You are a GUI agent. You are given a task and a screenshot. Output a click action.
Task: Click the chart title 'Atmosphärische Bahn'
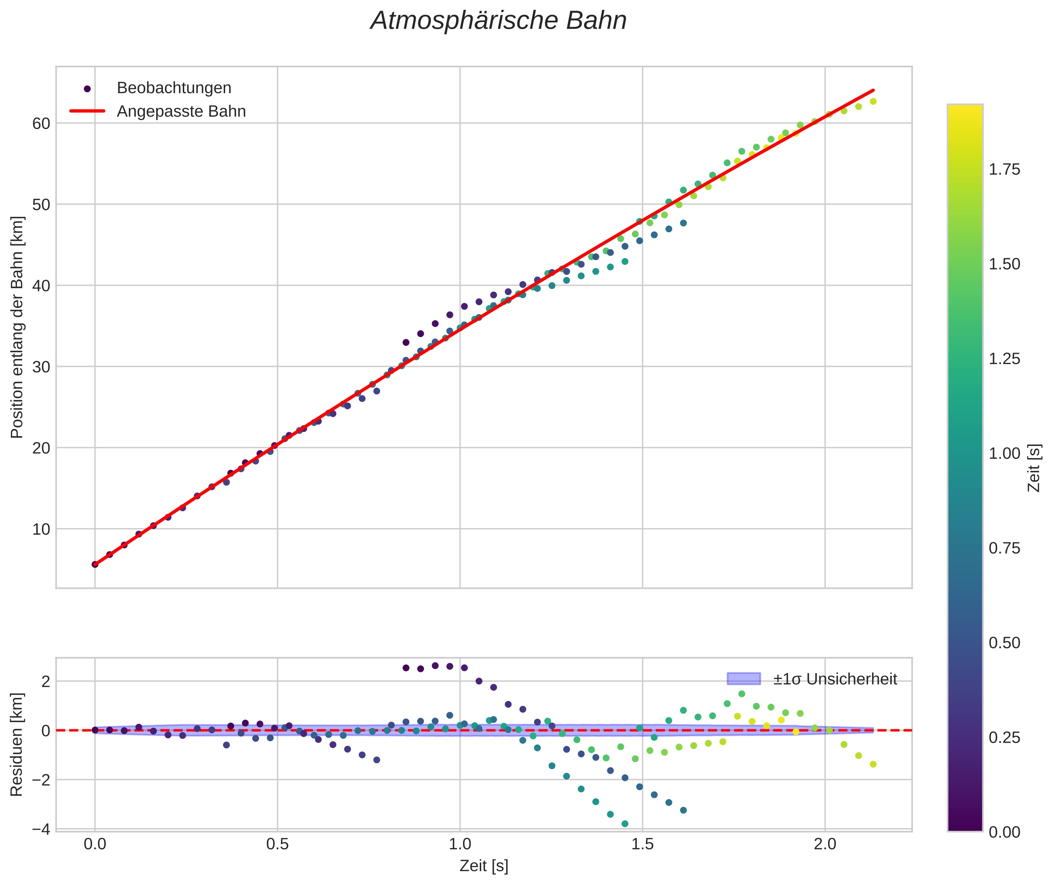click(x=498, y=21)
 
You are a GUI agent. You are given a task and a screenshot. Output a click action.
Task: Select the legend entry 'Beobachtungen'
click(x=174, y=88)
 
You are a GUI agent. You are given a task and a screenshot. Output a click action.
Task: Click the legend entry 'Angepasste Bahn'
click(x=181, y=111)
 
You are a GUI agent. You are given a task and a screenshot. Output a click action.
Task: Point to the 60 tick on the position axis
click(x=42, y=123)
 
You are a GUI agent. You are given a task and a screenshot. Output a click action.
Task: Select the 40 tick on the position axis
click(x=42, y=286)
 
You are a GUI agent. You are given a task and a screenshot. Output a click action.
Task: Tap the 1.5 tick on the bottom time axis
click(x=643, y=844)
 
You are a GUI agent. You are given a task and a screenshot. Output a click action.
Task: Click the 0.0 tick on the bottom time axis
click(x=95, y=844)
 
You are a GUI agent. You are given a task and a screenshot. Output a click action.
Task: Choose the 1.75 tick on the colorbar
click(x=1004, y=169)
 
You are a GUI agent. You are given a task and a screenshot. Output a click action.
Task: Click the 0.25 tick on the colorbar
click(x=1004, y=737)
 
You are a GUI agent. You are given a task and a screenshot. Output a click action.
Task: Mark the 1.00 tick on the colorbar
click(x=1004, y=453)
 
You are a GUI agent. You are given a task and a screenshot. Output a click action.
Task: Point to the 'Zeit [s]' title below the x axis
click(x=484, y=866)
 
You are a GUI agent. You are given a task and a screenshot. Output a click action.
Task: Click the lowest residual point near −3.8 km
click(x=625, y=823)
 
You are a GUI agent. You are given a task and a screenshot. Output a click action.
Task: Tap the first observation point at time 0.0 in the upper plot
click(x=95, y=564)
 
